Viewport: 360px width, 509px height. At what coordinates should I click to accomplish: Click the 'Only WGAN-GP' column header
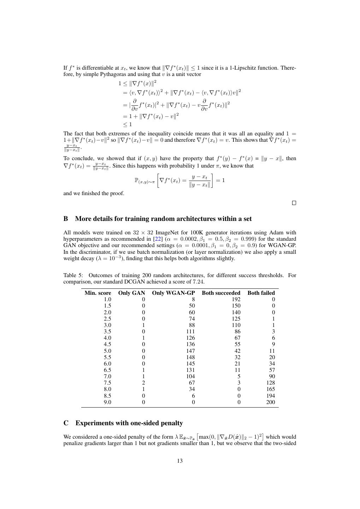pos(173,293)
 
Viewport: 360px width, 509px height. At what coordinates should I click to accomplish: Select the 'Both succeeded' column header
pos(221,293)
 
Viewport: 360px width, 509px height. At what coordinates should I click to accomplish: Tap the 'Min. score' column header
pos(98,293)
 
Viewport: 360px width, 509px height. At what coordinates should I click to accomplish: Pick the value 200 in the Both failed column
pos(270,402)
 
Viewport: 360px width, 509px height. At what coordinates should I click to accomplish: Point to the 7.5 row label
pos(107,383)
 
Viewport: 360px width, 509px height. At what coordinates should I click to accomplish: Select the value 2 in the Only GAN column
pos(143,383)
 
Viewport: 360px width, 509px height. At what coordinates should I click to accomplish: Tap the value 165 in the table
pos(270,389)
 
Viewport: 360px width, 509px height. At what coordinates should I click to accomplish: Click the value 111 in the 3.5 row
pos(190,332)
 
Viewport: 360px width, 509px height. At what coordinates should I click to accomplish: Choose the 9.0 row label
pos(107,402)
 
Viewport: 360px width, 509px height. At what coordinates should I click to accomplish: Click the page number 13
pos(180,461)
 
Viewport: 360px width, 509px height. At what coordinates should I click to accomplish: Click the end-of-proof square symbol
pos(294,203)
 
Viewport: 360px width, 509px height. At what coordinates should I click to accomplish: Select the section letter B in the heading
pos(66,219)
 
